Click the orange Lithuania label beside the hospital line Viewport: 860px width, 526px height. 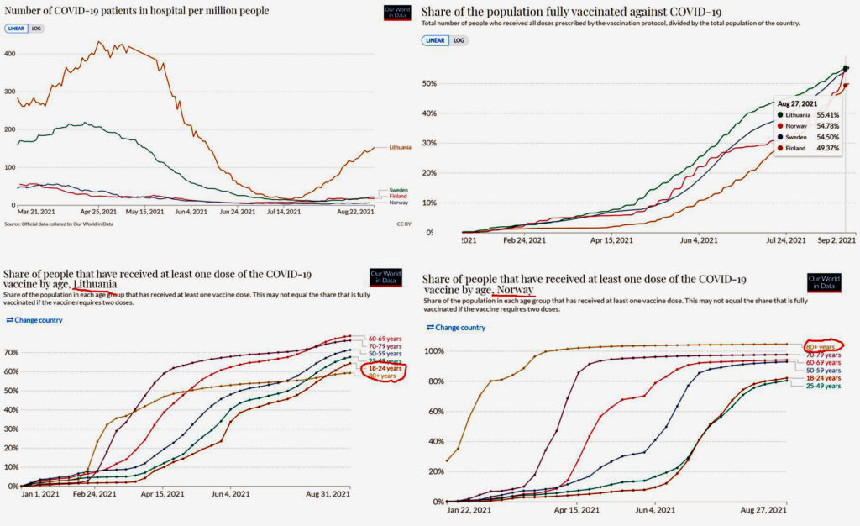[399, 148]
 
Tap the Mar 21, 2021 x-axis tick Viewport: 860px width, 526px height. [36, 212]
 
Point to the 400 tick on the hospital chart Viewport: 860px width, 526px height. [10, 54]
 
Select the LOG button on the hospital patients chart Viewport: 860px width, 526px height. [36, 29]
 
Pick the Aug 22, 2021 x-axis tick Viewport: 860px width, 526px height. [354, 212]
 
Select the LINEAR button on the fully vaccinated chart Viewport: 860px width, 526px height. [435, 40]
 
